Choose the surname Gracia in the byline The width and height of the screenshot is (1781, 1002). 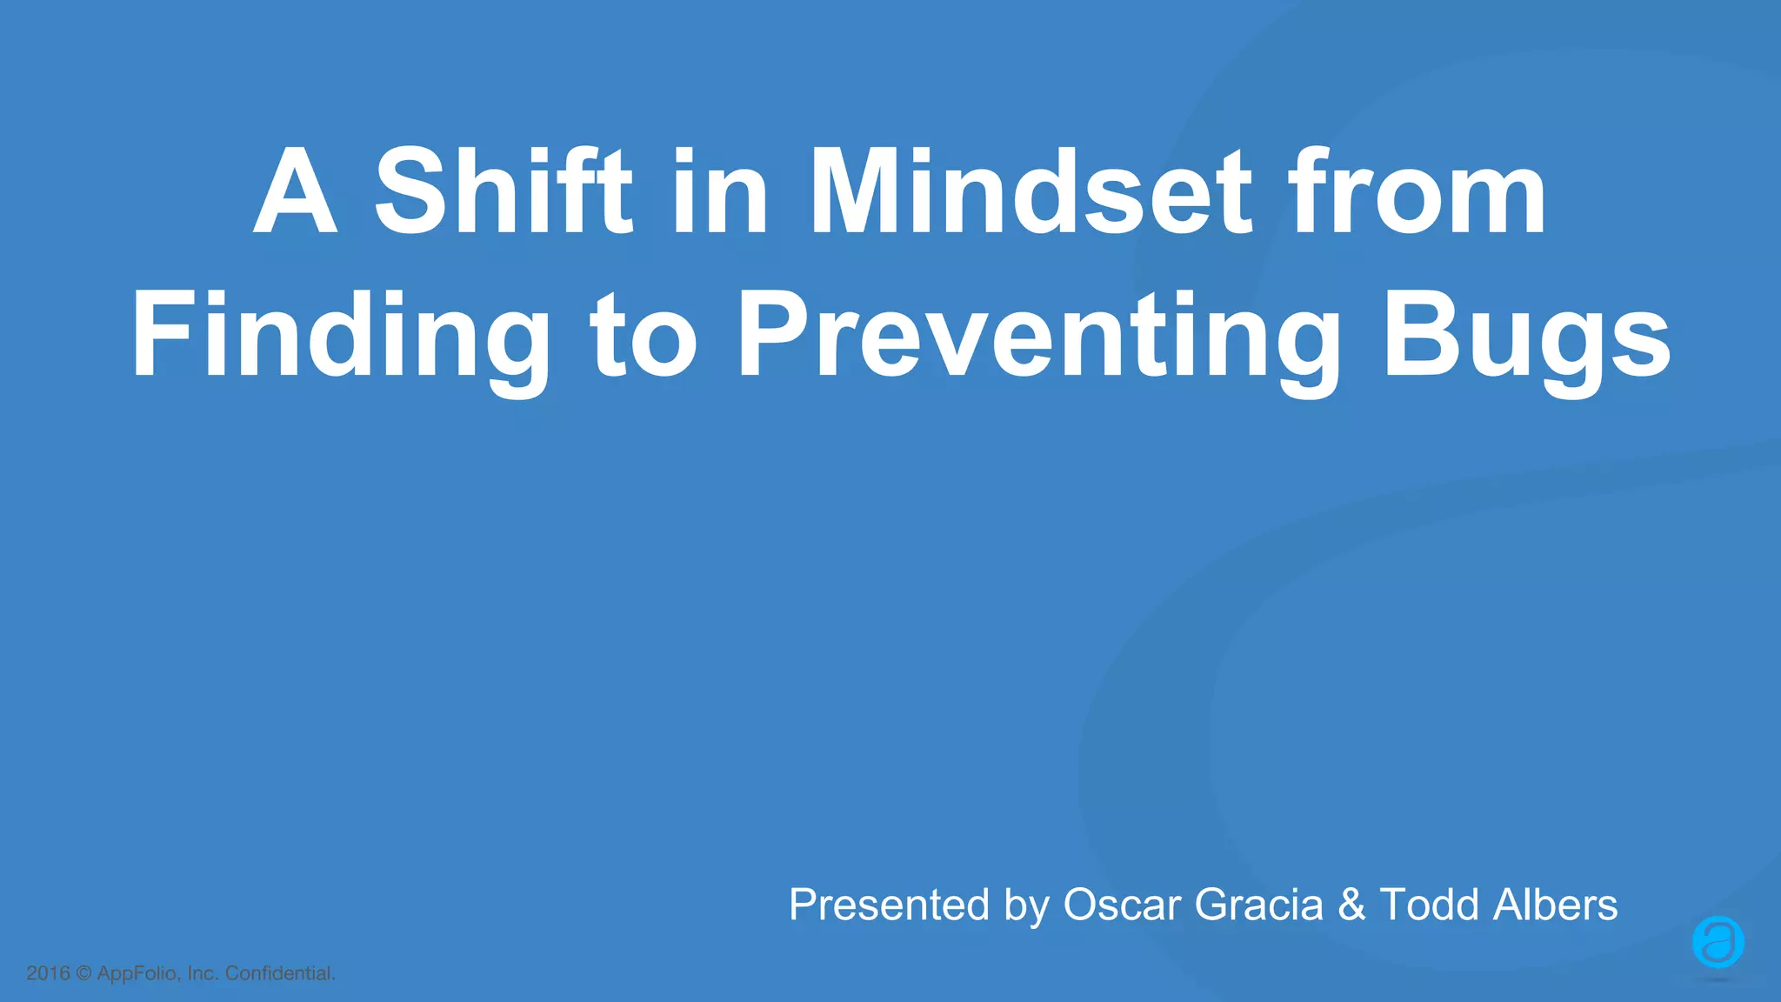pyautogui.click(x=1258, y=905)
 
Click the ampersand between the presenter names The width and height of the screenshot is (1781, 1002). pyautogui.click(x=1351, y=905)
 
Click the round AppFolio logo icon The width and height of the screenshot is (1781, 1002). pyautogui.click(x=1718, y=942)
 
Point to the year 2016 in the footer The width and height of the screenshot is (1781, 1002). pyautogui.click(x=48, y=973)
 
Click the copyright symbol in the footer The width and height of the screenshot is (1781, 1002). pyautogui.click(x=83, y=973)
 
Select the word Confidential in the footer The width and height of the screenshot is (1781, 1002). pyautogui.click(x=280, y=973)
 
